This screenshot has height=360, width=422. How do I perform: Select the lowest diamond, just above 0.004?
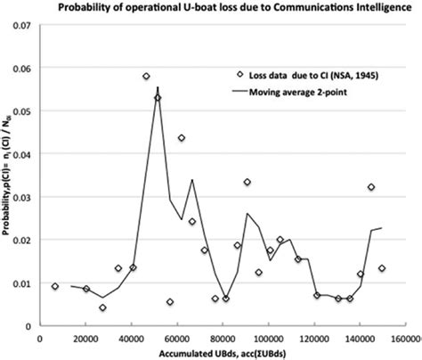pos(102,307)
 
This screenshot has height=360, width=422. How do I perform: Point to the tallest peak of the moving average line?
pos(158,87)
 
